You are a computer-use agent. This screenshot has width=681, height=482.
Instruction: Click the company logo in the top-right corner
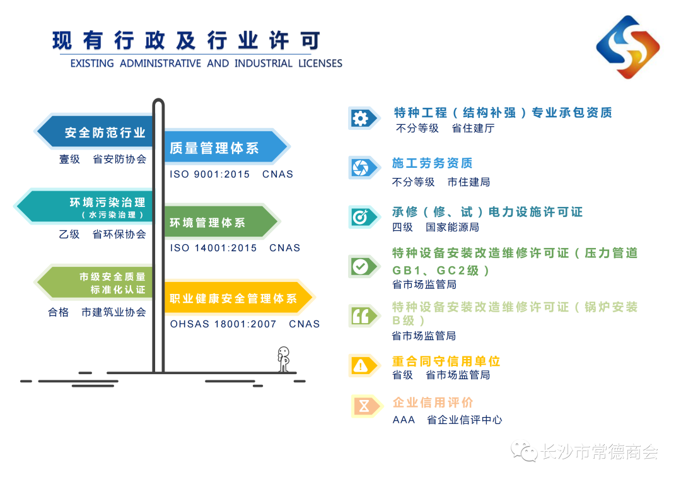(x=628, y=47)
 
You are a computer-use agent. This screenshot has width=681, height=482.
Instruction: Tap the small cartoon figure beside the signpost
(x=284, y=359)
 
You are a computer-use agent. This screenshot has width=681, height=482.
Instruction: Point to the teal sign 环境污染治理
(x=84, y=206)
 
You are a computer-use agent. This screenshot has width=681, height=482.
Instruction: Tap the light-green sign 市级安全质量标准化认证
(x=95, y=283)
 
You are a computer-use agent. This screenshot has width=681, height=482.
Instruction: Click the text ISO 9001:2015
(x=210, y=174)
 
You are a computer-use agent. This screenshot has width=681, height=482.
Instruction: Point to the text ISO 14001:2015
(x=213, y=248)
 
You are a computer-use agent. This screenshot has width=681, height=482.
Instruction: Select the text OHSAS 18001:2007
(x=223, y=324)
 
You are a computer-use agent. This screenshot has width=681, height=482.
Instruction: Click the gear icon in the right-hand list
(x=360, y=118)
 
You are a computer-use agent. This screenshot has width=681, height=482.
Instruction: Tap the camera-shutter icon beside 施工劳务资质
(x=360, y=168)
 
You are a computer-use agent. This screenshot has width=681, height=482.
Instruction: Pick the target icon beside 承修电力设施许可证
(x=360, y=217)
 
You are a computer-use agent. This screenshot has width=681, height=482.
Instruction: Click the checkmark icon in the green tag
(x=360, y=266)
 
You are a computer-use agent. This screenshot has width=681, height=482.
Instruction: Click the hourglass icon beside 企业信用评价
(x=364, y=406)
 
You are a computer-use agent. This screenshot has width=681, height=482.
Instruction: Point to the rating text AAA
(x=404, y=420)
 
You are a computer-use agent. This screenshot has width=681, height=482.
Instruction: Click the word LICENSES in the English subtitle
(x=320, y=64)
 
